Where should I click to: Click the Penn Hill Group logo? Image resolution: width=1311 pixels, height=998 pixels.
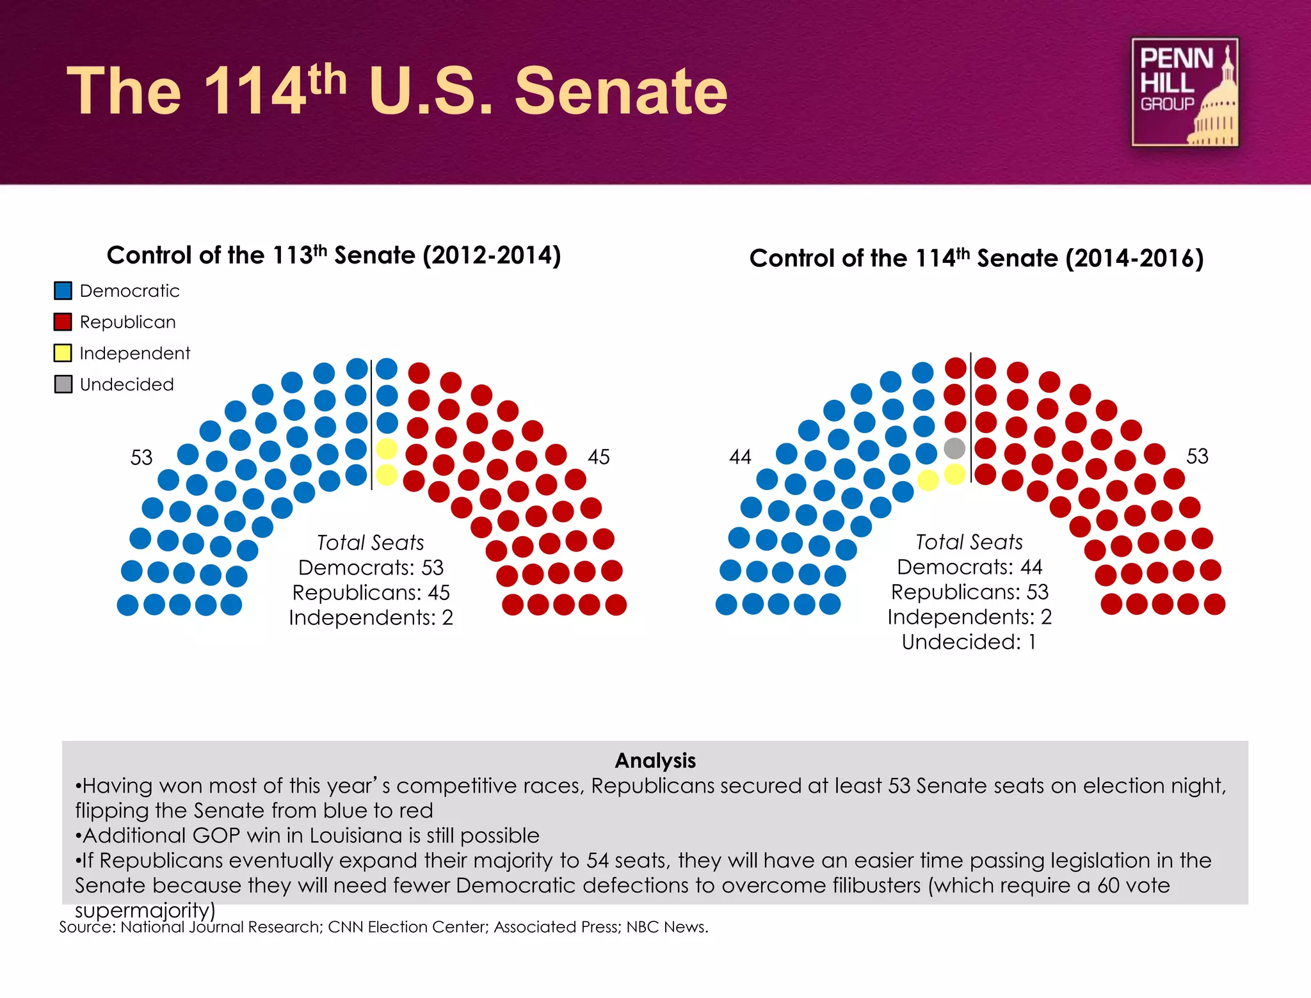coord(1184,92)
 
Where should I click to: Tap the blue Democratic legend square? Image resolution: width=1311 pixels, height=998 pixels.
coord(63,291)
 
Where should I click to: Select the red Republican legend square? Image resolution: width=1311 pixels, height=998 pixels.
coord(63,322)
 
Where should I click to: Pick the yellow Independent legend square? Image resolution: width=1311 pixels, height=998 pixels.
coord(63,353)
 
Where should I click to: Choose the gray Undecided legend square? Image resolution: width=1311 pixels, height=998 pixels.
coord(63,384)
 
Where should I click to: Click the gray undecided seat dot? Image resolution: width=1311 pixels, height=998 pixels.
coord(954,448)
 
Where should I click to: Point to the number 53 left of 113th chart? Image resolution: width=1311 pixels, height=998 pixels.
coord(141,457)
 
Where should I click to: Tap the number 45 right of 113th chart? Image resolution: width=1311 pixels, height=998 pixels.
coord(599,457)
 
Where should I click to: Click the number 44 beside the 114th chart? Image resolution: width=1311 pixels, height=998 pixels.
coord(740,457)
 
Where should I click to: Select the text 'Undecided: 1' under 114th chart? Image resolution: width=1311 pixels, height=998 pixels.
coord(969,642)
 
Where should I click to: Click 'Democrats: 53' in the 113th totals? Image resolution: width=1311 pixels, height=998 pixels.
coord(371,567)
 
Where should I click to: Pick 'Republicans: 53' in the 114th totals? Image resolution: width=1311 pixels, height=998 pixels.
coord(969,592)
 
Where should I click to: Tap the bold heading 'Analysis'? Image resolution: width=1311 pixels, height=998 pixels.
coord(655,760)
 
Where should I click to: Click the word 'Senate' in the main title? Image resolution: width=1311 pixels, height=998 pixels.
coord(621,91)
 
